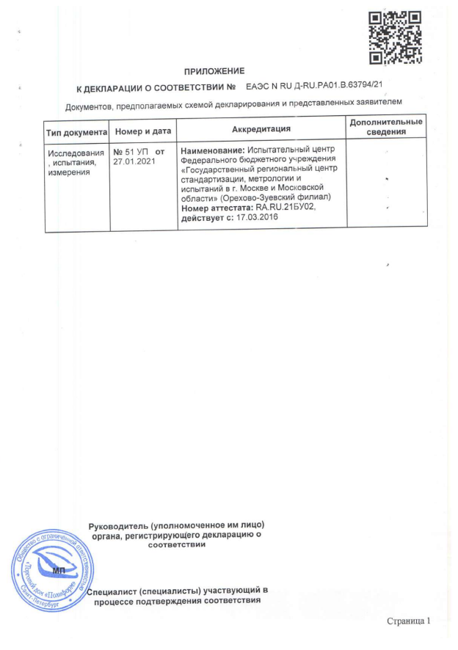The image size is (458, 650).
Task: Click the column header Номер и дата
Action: coord(143,131)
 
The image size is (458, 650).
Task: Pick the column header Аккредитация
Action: coord(261,129)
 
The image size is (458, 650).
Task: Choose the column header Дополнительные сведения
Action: coord(386,127)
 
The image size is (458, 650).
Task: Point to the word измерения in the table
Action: coord(68,173)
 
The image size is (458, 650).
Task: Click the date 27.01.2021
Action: coord(135,161)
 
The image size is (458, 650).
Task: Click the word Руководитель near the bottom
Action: coord(116,527)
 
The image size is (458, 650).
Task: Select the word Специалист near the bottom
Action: coord(112,591)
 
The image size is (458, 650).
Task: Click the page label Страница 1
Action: coord(411,622)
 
